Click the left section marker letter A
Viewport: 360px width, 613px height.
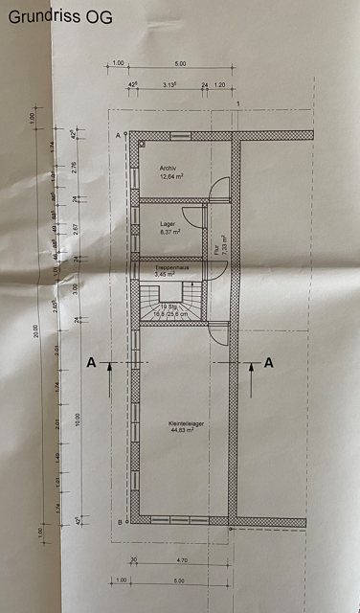(x=92, y=362)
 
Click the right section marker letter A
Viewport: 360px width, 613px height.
(x=269, y=362)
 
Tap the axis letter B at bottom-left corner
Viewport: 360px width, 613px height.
(x=118, y=522)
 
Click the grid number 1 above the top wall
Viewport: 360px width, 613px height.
(x=236, y=103)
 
